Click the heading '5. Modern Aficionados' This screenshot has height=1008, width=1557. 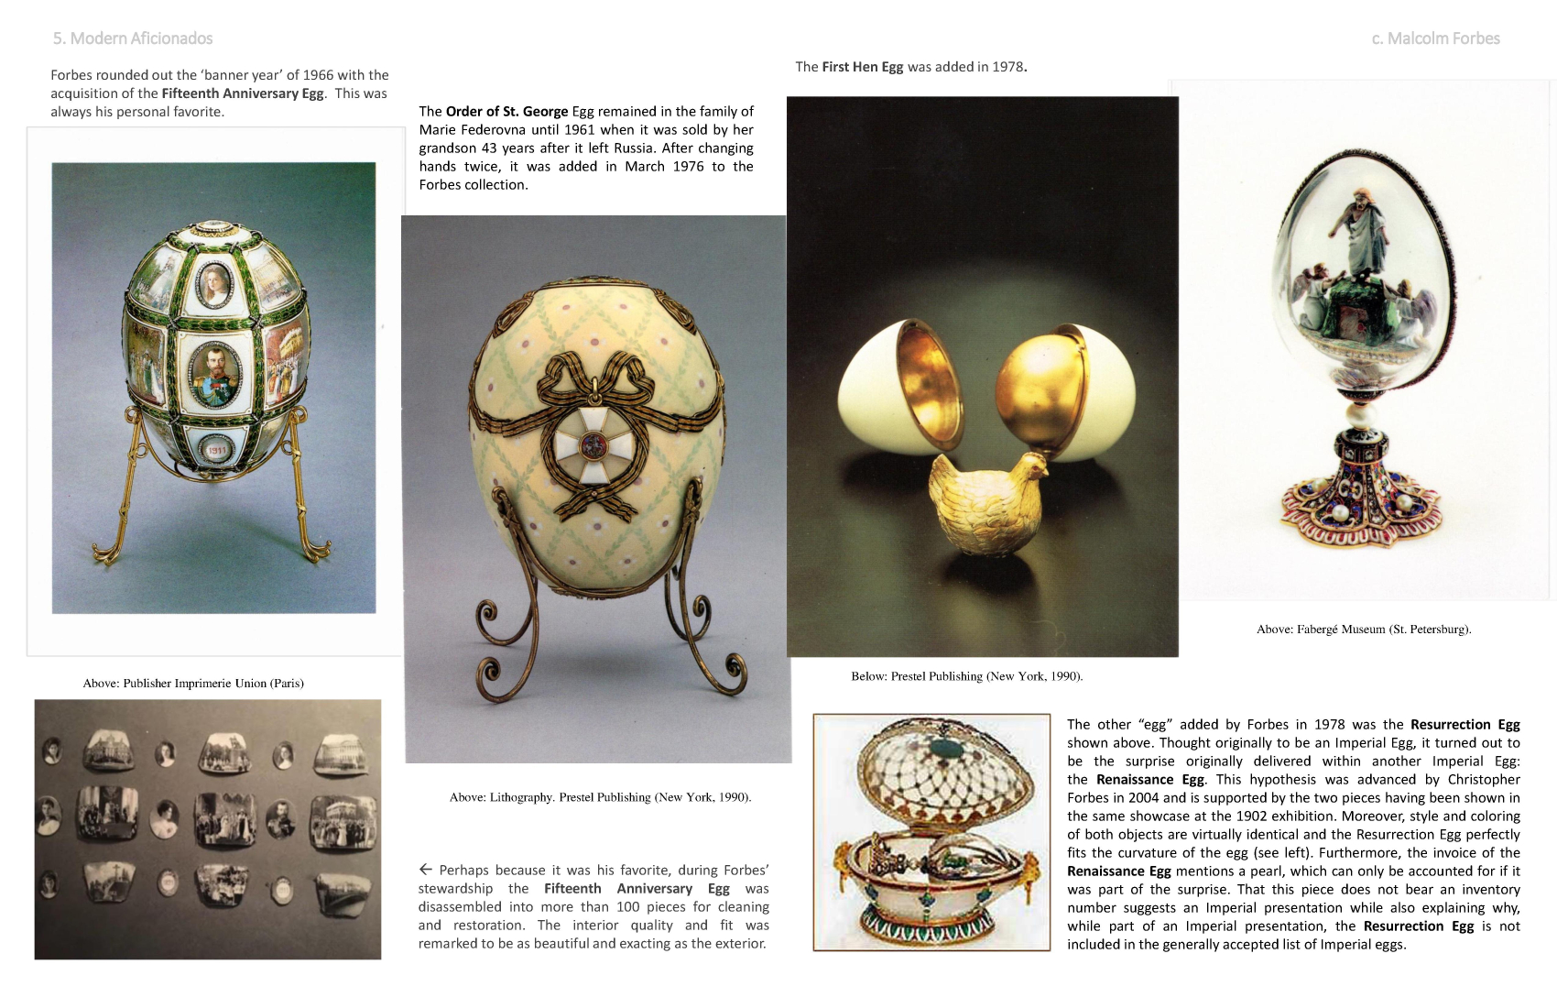click(x=133, y=38)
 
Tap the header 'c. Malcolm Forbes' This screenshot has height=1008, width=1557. click(x=1435, y=38)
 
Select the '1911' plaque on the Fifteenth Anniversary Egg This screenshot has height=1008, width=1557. click(x=216, y=450)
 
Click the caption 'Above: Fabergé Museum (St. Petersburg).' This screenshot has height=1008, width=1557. click(x=1364, y=630)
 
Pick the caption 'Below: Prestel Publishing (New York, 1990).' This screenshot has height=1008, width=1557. click(x=966, y=676)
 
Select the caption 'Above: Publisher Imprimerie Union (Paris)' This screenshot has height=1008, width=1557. click(x=193, y=684)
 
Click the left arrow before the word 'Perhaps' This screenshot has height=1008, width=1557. click(x=426, y=870)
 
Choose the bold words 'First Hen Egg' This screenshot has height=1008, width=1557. click(x=862, y=67)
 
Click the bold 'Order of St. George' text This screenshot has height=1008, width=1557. click(x=506, y=112)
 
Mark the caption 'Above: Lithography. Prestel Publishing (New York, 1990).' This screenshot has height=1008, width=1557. click(x=600, y=797)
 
